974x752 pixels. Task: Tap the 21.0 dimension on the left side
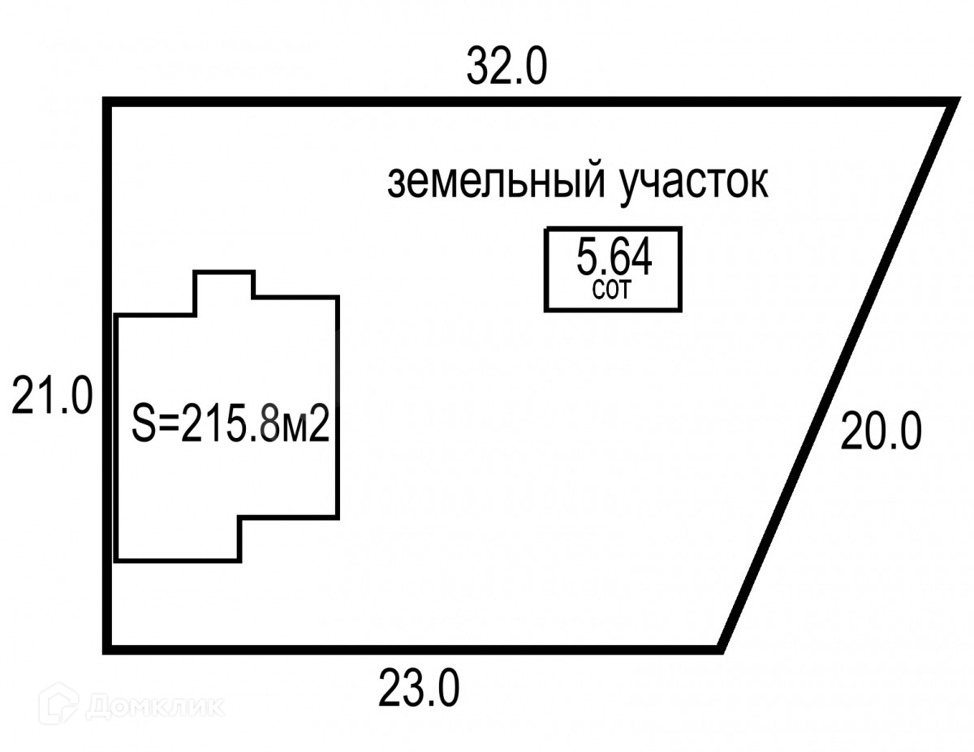point(52,397)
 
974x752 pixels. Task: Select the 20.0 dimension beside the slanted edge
point(881,431)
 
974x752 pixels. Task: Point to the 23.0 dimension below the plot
point(419,689)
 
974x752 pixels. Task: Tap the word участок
point(693,183)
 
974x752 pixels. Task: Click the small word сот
point(611,291)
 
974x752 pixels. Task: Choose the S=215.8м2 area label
point(231,424)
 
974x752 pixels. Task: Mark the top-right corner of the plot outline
point(951,102)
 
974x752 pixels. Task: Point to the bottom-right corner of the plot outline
point(720,648)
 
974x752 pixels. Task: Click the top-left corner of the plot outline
point(106,102)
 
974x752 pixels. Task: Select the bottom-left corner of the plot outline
point(106,648)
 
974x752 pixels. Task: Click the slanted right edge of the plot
point(836,375)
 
